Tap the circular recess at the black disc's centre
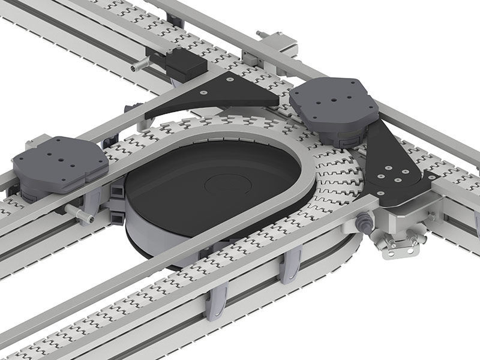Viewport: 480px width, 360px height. click(227, 183)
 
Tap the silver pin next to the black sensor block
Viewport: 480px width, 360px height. click(139, 64)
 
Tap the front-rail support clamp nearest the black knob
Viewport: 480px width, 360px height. click(290, 264)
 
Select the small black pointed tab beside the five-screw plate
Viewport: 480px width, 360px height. click(430, 176)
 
